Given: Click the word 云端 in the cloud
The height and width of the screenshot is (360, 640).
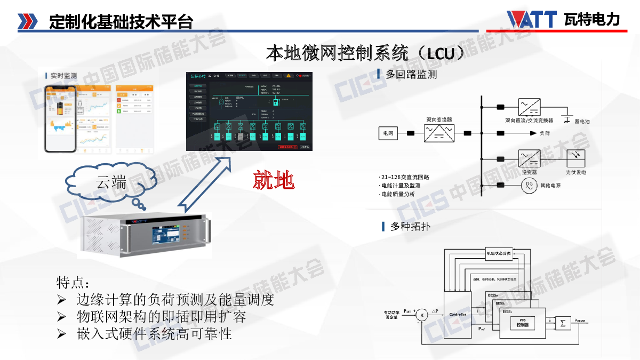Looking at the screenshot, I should (111, 183).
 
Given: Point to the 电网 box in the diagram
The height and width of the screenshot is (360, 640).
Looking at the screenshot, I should (388, 133).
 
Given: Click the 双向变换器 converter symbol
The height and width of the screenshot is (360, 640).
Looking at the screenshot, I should (439, 133).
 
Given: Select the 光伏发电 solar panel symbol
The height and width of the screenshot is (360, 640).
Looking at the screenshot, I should (575, 158).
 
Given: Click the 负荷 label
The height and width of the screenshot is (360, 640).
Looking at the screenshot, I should (545, 133).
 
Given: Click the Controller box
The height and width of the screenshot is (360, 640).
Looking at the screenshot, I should (458, 314).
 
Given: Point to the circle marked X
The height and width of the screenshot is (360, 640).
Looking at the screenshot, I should (422, 315).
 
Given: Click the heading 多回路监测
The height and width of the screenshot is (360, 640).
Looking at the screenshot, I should (411, 75).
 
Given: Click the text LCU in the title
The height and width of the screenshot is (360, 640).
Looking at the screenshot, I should (440, 54).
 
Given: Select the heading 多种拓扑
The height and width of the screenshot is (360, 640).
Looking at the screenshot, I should (410, 227).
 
